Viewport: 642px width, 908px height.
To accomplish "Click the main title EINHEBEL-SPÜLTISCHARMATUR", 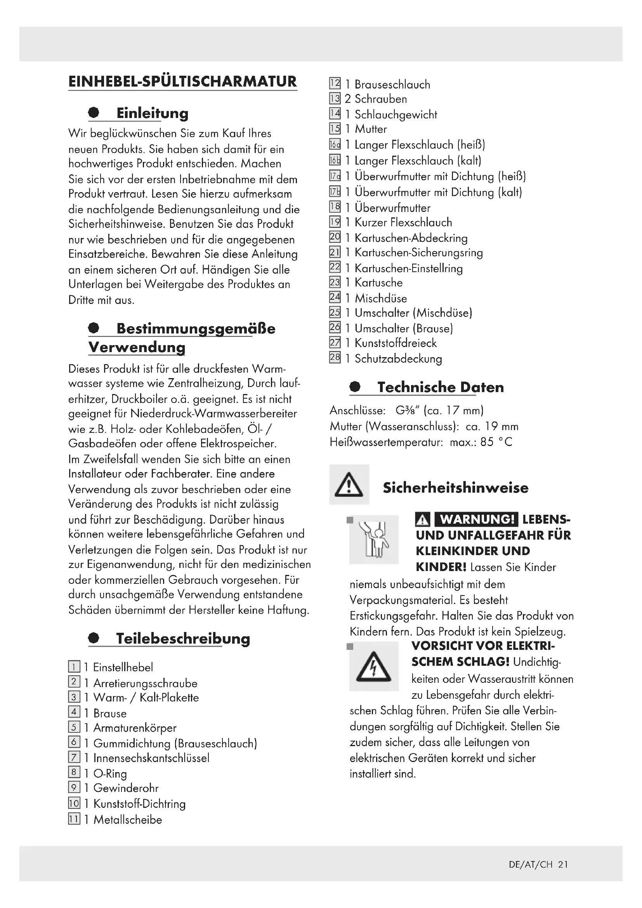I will click(182, 82).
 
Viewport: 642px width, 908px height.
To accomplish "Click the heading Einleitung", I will click(152, 113).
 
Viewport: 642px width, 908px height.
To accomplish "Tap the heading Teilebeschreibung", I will click(183, 638).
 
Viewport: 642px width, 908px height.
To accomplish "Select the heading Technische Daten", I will click(441, 387).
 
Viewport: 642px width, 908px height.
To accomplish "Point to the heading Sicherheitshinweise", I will click(455, 488).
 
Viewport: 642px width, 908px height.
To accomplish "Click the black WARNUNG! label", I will click(476, 519).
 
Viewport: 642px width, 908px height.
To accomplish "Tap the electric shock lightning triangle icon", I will click(373, 667).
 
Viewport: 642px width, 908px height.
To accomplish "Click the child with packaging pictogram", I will click(373, 539).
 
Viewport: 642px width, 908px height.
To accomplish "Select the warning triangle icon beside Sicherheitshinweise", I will click(349, 485).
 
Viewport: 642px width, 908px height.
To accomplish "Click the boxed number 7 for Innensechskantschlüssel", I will click(74, 757).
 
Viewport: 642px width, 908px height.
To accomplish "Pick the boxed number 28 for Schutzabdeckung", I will click(335, 358).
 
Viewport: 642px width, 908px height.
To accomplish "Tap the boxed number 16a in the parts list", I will click(335, 145).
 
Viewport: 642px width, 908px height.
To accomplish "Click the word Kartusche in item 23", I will click(378, 283).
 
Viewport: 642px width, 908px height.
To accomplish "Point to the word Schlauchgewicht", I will click(396, 115).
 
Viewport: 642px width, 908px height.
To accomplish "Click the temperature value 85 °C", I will click(496, 442).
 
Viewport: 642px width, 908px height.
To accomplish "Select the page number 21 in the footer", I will click(563, 865).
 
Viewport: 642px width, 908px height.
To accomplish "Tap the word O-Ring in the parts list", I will click(110, 774).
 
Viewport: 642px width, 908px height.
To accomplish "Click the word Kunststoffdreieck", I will click(395, 343).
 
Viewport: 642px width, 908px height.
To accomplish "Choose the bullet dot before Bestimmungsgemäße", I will click(94, 328).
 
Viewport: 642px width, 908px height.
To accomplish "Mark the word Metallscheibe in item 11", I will click(128, 820).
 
